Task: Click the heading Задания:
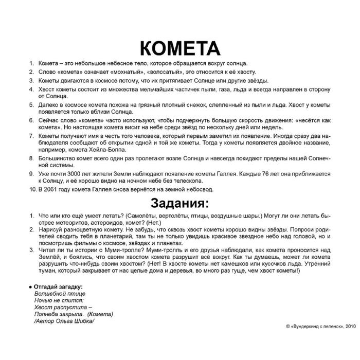179,200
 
